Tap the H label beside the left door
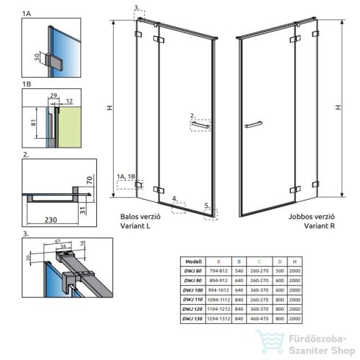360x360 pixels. pos(109,108)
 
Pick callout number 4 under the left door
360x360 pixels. pos(174,198)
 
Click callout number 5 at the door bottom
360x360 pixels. pos(208,205)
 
